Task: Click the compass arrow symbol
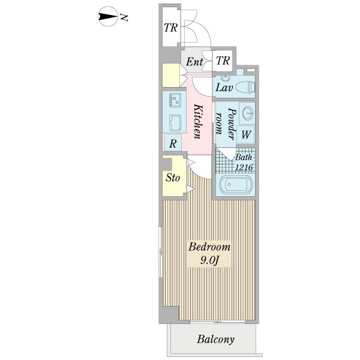coord(107,17)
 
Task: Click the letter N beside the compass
coord(123,18)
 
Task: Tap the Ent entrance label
coord(193,62)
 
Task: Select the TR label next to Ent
coord(223,61)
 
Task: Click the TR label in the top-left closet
coord(170,28)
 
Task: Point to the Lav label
coord(224,88)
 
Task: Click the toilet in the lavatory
coord(244,87)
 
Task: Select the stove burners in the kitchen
coord(175,99)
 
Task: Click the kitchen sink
coord(176,122)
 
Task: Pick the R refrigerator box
coord(173,143)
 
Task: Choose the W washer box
coord(246,135)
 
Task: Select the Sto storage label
coord(172,178)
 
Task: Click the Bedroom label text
coord(209,247)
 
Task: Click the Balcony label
coord(216,340)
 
